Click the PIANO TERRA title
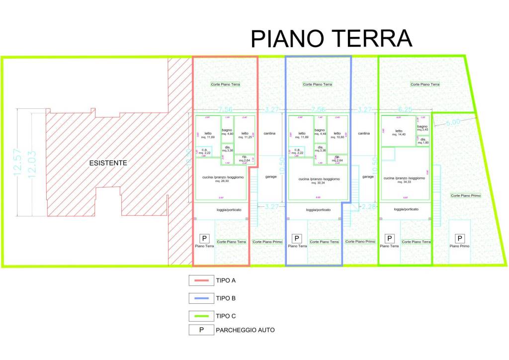pos(331,39)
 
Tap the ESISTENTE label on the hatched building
pos(108,163)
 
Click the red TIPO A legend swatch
pos(200,280)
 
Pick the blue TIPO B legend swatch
pos(200,298)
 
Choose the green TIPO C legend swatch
pos(200,316)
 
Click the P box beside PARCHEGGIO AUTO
pos(200,330)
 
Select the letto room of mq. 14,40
pos(399,133)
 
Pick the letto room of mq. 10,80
pos(338,134)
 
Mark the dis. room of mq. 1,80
pos(423,141)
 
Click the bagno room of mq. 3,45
pos(423,129)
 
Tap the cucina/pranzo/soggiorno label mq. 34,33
pos(404,180)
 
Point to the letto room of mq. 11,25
pos(245,134)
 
